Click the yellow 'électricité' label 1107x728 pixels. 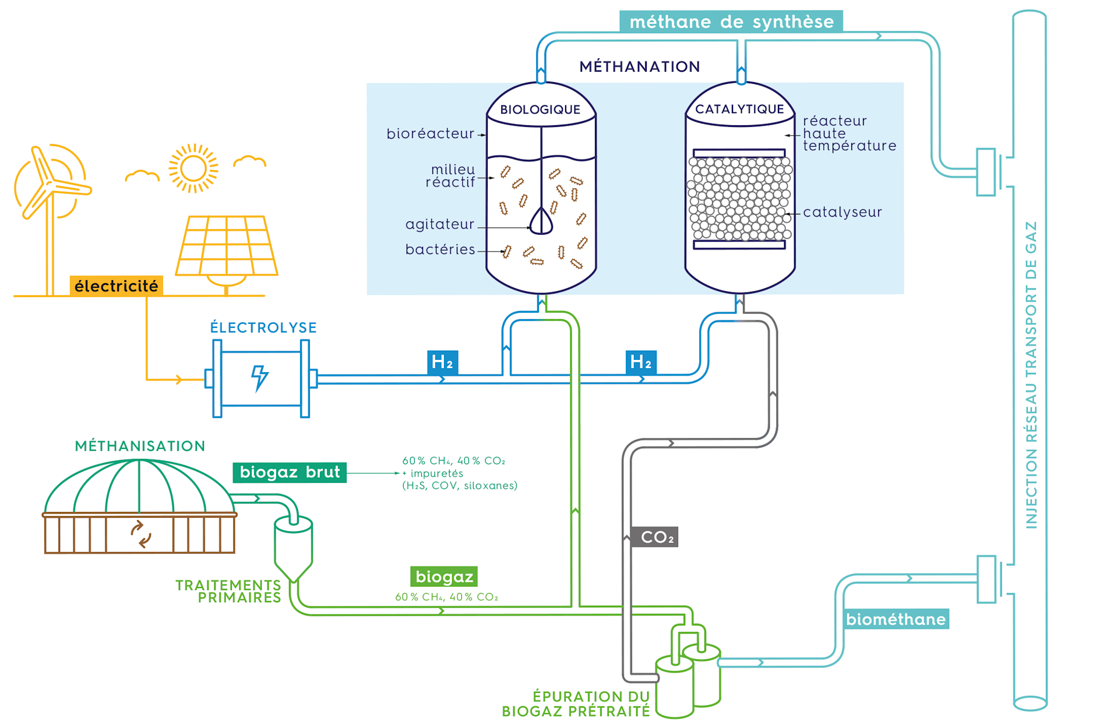[x=116, y=286]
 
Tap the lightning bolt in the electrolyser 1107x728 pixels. [x=259, y=378]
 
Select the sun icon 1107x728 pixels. [x=193, y=168]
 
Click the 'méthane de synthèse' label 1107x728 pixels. [x=731, y=22]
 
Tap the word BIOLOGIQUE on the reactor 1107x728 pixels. [x=540, y=109]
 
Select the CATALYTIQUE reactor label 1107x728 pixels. [x=739, y=109]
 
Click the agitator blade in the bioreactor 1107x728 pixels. [x=541, y=221]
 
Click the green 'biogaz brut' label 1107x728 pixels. [x=290, y=472]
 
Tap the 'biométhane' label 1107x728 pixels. [x=896, y=619]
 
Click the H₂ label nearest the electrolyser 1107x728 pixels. [x=442, y=362]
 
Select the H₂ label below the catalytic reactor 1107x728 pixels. [x=641, y=362]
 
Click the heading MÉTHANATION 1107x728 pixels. [x=640, y=66]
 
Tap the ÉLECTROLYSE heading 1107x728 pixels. [x=263, y=327]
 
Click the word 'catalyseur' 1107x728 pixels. [x=842, y=212]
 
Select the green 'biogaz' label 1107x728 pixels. [x=444, y=577]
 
